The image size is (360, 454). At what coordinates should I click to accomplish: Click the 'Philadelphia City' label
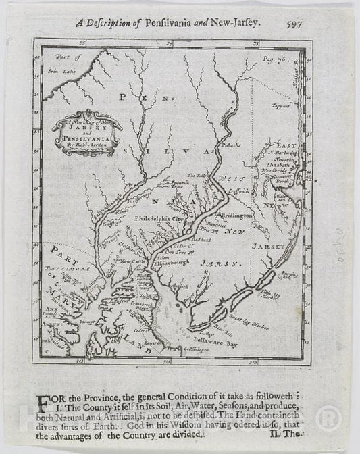(158, 220)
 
